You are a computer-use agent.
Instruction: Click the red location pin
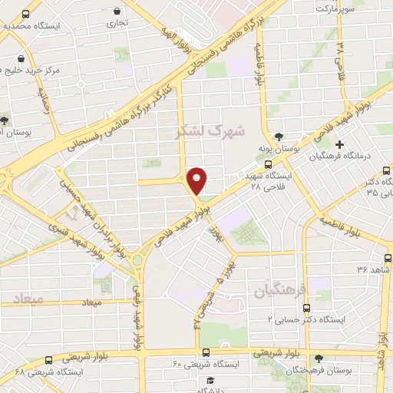198,179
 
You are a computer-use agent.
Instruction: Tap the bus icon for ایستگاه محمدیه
28,15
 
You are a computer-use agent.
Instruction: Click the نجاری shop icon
117,12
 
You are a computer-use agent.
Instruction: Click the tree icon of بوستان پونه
288,135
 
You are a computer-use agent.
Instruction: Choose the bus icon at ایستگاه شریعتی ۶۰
206,352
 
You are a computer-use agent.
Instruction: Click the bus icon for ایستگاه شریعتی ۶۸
48,359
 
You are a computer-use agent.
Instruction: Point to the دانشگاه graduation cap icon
208,380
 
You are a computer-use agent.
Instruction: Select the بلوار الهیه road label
168,29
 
